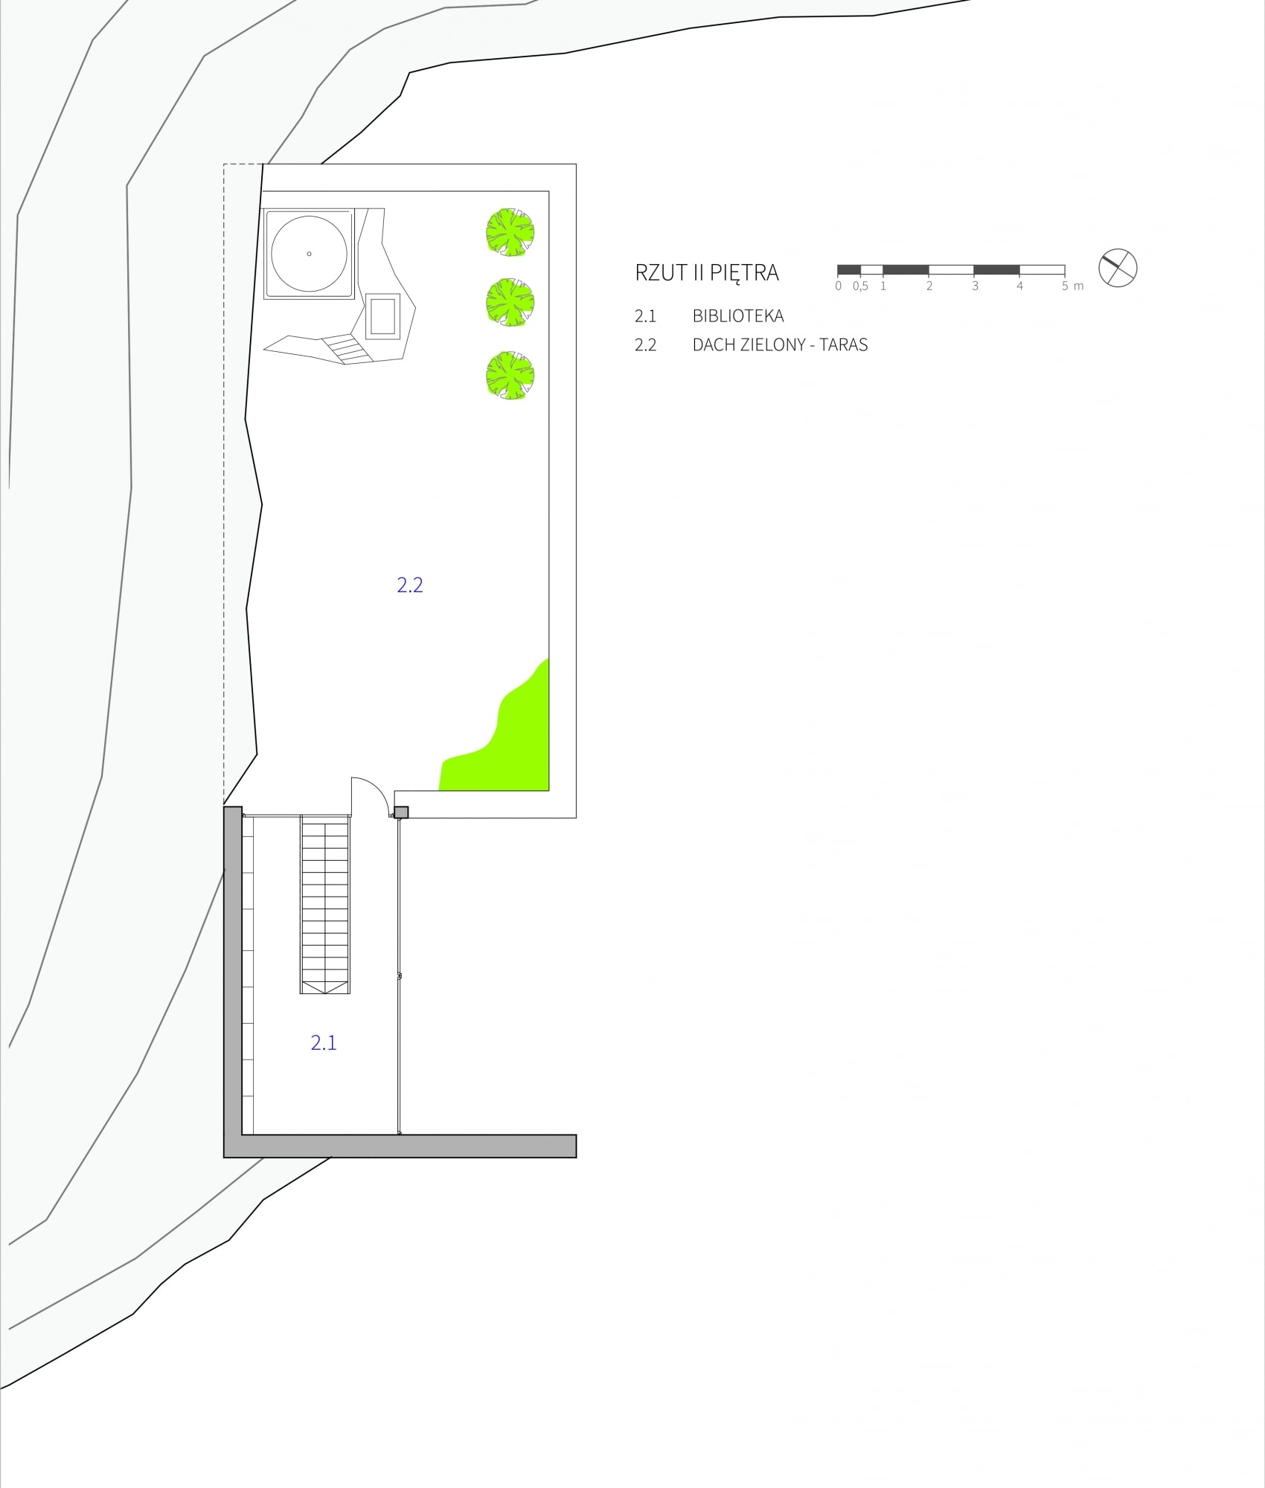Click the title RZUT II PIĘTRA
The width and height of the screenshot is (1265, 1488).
click(x=706, y=272)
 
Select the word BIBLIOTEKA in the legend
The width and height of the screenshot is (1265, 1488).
click(x=738, y=316)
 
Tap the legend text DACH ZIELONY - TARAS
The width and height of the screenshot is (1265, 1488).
click(x=780, y=345)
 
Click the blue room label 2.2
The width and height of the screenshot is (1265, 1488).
click(x=410, y=585)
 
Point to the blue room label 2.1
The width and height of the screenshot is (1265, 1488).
click(x=324, y=1043)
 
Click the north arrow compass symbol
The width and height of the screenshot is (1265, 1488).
click(x=1118, y=268)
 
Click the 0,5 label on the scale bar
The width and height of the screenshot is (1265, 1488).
click(x=861, y=286)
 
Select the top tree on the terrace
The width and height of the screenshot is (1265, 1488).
click(x=510, y=232)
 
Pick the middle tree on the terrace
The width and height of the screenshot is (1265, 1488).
click(x=510, y=302)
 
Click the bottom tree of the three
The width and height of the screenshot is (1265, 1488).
click(x=510, y=375)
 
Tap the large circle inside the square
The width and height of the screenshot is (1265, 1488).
click(x=309, y=254)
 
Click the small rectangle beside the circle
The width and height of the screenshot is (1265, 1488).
click(x=382, y=315)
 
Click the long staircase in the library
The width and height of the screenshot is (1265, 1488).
click(x=325, y=904)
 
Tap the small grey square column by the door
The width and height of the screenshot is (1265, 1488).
click(x=401, y=812)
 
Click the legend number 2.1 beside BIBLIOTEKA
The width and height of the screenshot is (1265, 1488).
click(x=645, y=316)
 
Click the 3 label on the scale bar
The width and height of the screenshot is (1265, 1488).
click(x=975, y=286)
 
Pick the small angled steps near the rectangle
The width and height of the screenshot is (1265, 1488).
click(x=347, y=348)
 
